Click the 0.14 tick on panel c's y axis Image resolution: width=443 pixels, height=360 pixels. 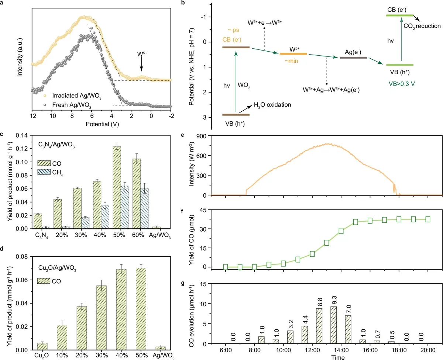21,135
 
